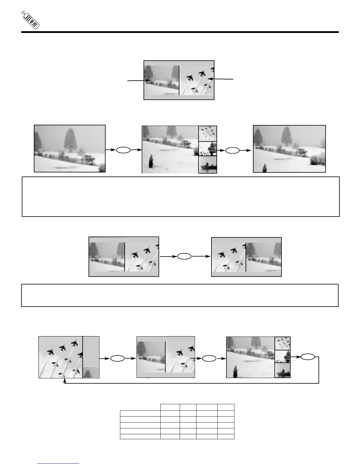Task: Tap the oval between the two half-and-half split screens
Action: [x=184, y=257]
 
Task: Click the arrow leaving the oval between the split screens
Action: [x=201, y=257]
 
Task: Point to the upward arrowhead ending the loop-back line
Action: [x=64, y=380]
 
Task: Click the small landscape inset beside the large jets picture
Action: [x=91, y=372]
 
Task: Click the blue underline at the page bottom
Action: [x=59, y=463]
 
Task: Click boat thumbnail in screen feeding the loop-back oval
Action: [x=282, y=370]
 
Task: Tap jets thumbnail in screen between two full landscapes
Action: [x=208, y=134]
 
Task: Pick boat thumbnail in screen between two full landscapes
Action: [x=208, y=165]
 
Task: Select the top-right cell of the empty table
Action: [x=226, y=407]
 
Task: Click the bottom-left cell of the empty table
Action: [x=140, y=437]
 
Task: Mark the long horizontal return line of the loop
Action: [x=191, y=383]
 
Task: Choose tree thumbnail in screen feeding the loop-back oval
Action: [x=282, y=357]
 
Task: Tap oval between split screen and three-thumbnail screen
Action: [x=209, y=359]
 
